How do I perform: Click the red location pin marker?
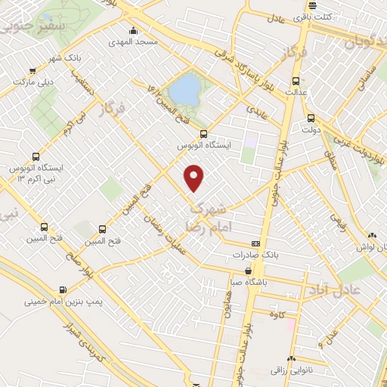click(195, 177)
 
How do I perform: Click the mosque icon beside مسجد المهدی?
click(134, 30)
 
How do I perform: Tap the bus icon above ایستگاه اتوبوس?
click(203, 134)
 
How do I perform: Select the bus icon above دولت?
click(311, 118)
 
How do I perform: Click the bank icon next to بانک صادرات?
click(256, 244)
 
